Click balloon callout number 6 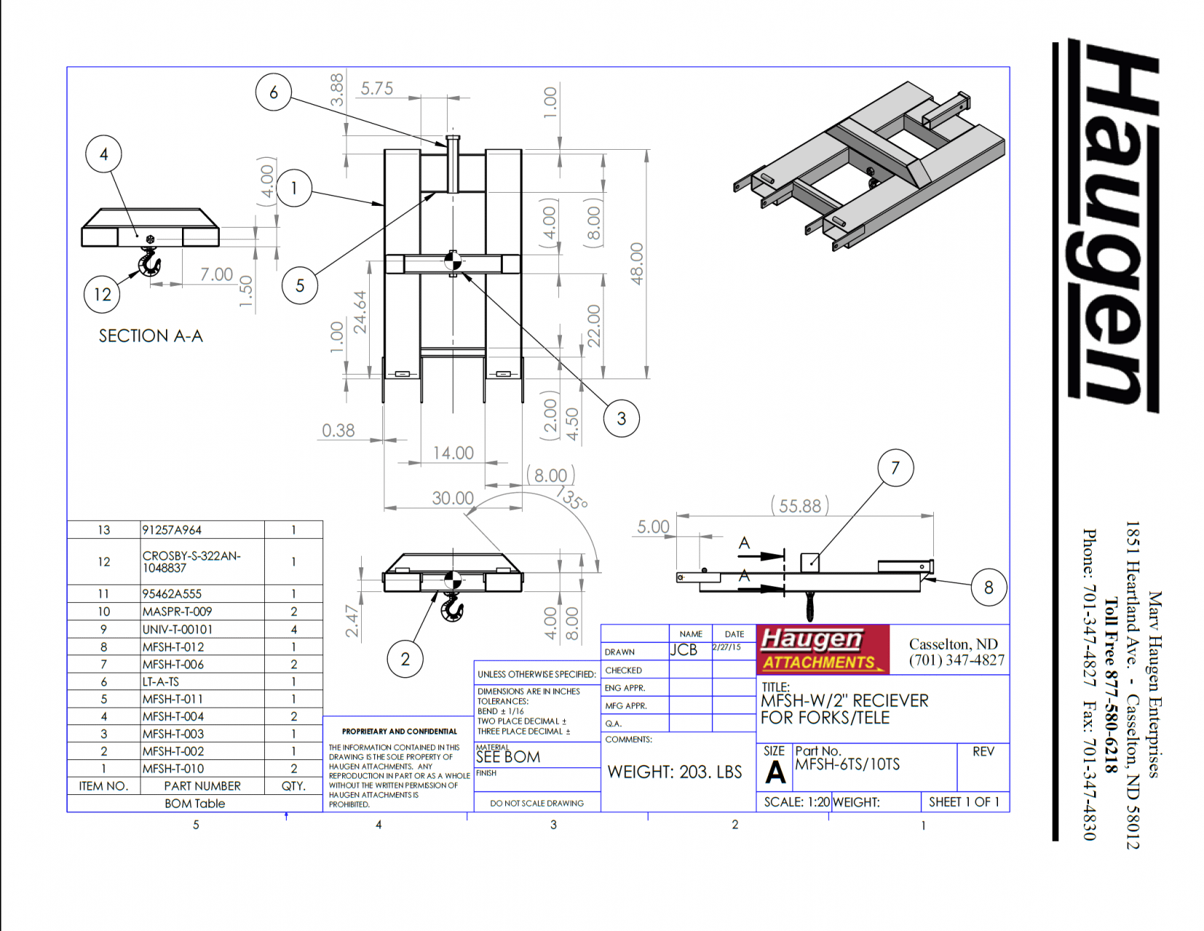273,92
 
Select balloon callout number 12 102,295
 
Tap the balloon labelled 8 989,587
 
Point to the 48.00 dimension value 637,263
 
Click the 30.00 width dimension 453,498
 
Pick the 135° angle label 571,497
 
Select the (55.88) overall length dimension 799,506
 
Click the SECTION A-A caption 151,336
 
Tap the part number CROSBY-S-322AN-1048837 191,562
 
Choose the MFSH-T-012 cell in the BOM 173,647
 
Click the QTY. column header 293,786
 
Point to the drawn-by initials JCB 684,650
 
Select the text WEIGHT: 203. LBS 674,772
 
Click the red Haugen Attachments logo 823,650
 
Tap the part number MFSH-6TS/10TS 847,764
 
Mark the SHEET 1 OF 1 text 964,802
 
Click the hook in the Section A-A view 149,262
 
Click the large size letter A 775,772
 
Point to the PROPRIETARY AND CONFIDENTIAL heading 400,731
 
